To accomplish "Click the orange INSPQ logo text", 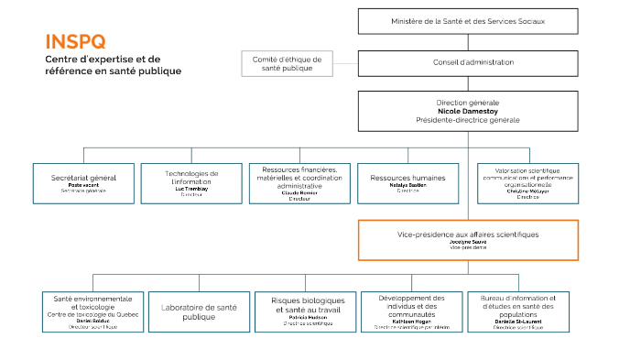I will coord(75,41).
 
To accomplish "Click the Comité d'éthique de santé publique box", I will coord(287,63).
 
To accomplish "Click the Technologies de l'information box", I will coord(191,183).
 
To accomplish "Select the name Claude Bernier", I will coord(299,193).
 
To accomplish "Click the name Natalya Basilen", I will coord(407,185).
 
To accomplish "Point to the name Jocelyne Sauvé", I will coord(467,242).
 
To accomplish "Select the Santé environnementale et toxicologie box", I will coord(92,311).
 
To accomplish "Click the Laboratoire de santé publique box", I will coord(199,311).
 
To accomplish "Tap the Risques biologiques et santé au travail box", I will coord(307,311).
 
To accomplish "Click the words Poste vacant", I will coord(84,185).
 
